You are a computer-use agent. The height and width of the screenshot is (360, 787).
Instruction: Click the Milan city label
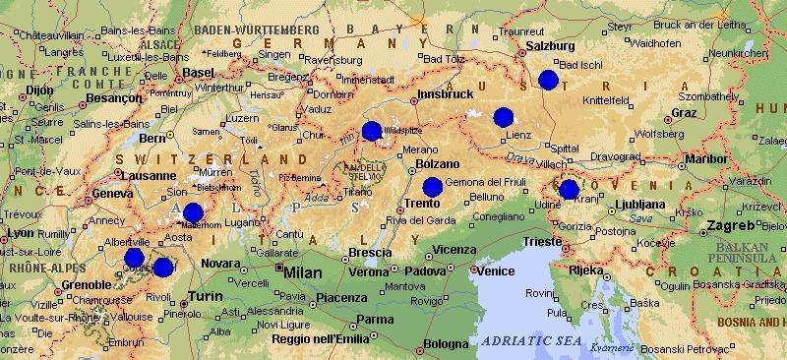click(x=304, y=270)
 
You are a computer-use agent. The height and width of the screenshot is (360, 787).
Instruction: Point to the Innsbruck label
click(x=439, y=94)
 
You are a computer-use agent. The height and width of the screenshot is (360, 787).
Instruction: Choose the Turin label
click(x=206, y=296)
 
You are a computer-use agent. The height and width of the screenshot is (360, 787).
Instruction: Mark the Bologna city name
click(x=447, y=344)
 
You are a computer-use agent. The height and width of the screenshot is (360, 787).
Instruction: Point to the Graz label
click(x=683, y=113)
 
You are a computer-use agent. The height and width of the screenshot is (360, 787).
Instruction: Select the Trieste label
click(x=542, y=241)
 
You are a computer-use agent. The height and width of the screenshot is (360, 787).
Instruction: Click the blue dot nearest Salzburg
click(x=548, y=80)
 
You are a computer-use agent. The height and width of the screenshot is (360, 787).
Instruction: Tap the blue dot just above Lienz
click(x=504, y=116)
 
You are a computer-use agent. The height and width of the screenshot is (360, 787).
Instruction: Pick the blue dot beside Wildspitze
click(x=371, y=131)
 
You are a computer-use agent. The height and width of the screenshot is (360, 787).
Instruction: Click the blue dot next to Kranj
click(x=569, y=189)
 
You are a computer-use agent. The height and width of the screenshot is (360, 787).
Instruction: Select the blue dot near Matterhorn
click(x=193, y=211)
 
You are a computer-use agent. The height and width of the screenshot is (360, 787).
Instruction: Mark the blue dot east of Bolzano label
click(x=433, y=187)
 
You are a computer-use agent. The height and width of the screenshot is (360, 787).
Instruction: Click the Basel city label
click(x=199, y=73)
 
